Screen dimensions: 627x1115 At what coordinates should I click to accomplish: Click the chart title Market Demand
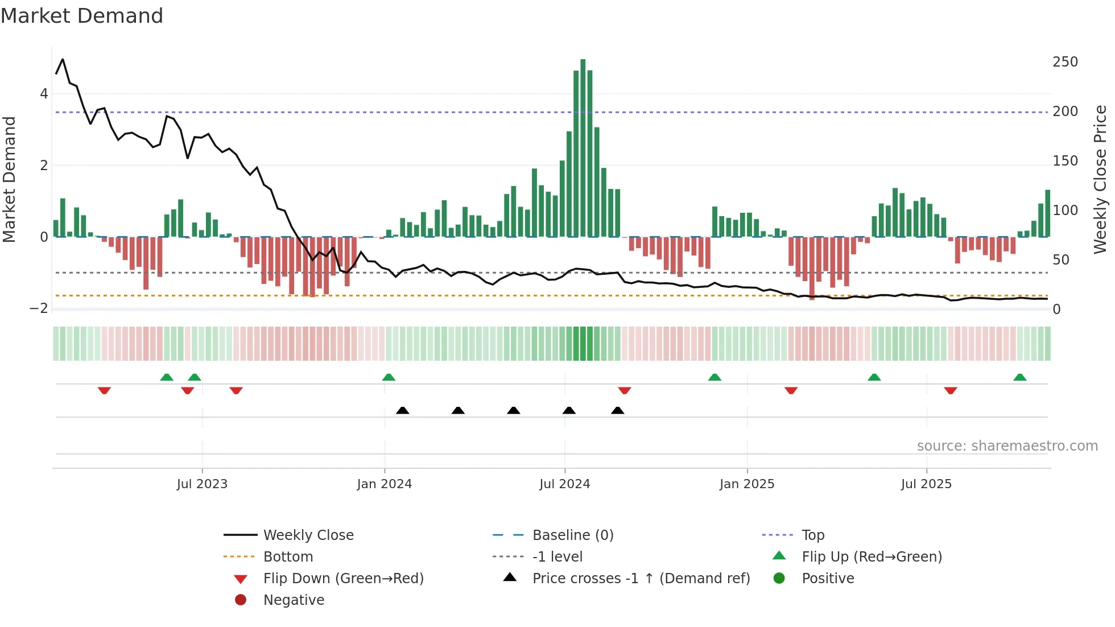(x=82, y=16)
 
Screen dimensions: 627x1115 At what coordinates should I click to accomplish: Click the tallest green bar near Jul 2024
(x=583, y=148)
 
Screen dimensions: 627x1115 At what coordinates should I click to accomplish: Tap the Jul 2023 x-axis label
(x=202, y=484)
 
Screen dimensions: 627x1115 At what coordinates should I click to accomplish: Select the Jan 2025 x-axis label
(x=747, y=484)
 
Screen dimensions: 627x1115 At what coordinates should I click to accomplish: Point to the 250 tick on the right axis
(x=1065, y=62)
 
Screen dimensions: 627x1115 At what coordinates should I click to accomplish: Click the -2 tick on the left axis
(x=39, y=308)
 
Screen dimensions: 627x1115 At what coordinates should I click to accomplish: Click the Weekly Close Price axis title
(x=1100, y=179)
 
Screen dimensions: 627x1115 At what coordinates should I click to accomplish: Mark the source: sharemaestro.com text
(x=1007, y=446)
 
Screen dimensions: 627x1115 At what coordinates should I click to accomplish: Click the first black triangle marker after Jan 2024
(x=403, y=410)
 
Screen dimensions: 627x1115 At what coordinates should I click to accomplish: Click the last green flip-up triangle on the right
(x=1020, y=377)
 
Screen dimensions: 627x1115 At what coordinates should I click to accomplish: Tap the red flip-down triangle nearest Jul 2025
(x=951, y=390)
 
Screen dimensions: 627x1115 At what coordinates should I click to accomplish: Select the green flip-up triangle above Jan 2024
(x=389, y=377)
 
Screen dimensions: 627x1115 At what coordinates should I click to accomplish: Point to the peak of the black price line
(x=63, y=59)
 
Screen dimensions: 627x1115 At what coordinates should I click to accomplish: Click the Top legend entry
(x=813, y=535)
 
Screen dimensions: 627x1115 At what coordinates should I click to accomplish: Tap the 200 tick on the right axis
(x=1065, y=112)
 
